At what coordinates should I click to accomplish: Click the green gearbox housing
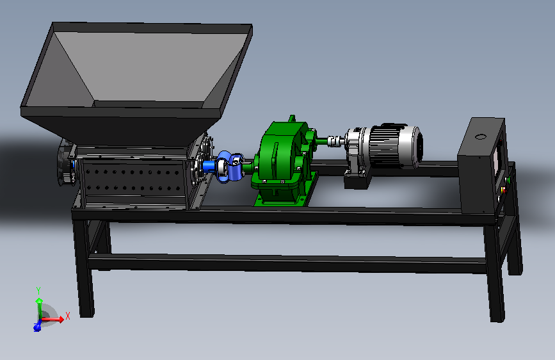280,156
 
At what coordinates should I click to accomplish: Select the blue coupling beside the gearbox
229,167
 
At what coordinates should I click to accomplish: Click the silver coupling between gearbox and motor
336,141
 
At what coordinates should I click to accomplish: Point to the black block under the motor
357,181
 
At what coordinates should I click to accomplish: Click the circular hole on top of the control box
480,136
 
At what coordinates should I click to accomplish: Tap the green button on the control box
508,180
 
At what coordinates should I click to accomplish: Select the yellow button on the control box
503,190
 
